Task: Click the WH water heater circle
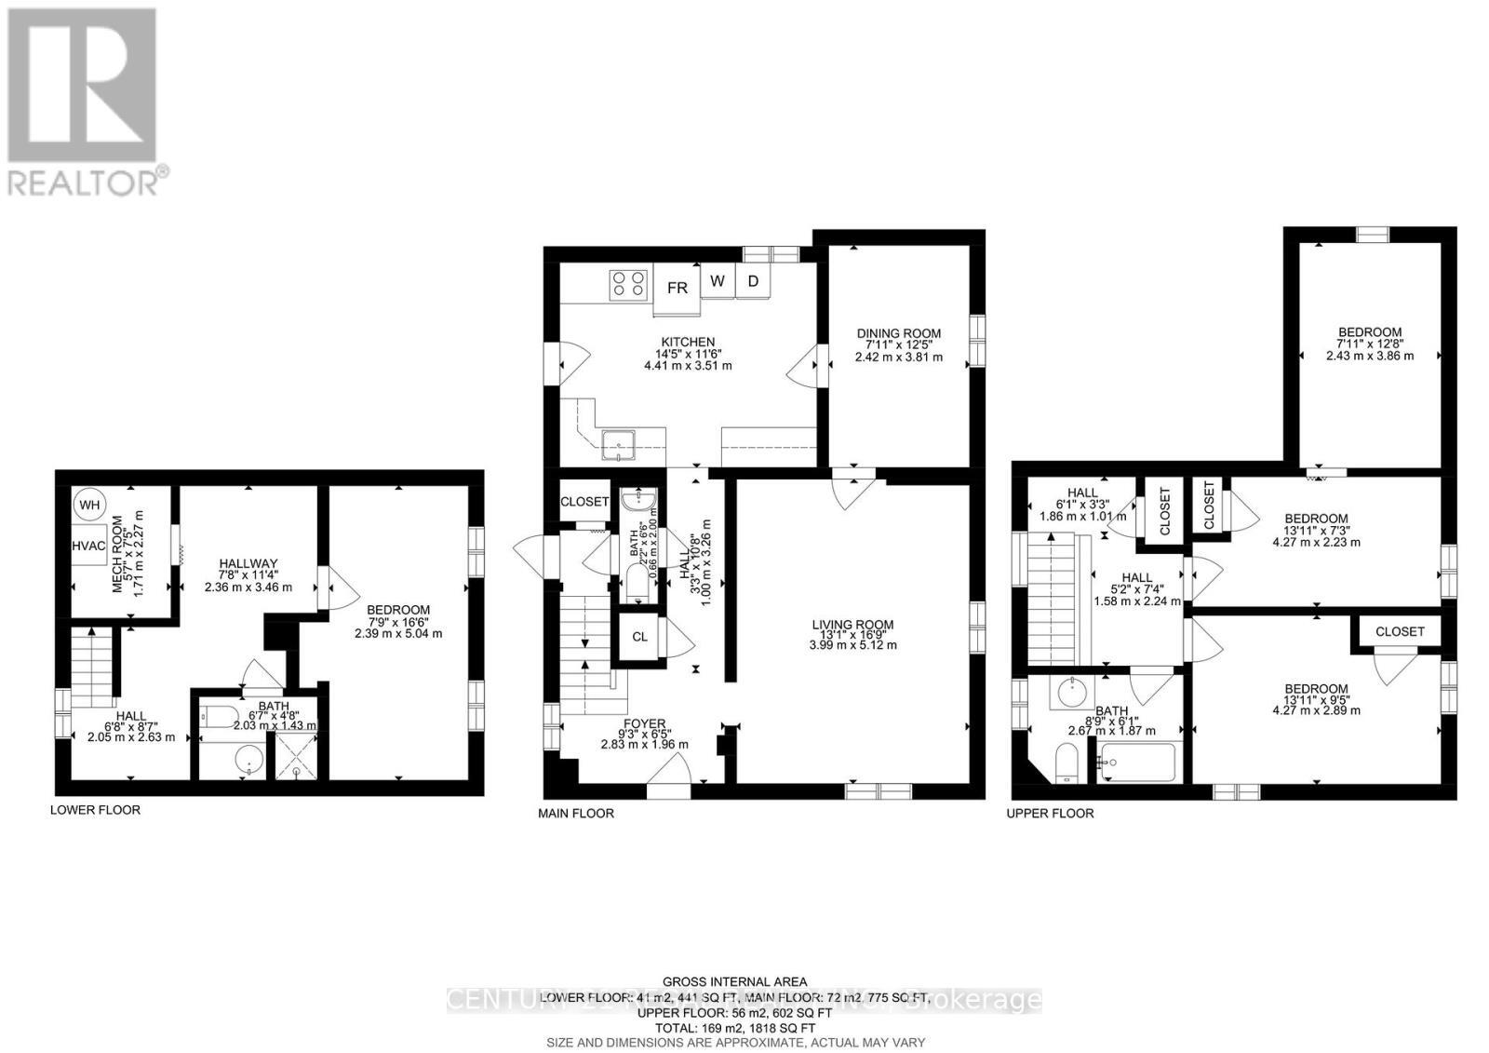pyautogui.click(x=89, y=506)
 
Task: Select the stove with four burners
pyautogui.click(x=628, y=282)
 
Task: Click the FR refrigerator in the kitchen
pyautogui.click(x=677, y=287)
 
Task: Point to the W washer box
pyautogui.click(x=718, y=280)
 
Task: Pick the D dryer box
pyautogui.click(x=754, y=280)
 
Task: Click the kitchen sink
pyautogui.click(x=618, y=445)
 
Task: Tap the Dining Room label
pyautogui.click(x=898, y=333)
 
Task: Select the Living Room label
pyautogui.click(x=852, y=625)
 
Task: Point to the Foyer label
pyautogui.click(x=644, y=723)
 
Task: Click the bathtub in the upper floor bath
pyautogui.click(x=1137, y=763)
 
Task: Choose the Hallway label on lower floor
pyautogui.click(x=248, y=563)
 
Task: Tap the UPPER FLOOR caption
pyautogui.click(x=1051, y=813)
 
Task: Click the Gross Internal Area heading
pyautogui.click(x=735, y=981)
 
